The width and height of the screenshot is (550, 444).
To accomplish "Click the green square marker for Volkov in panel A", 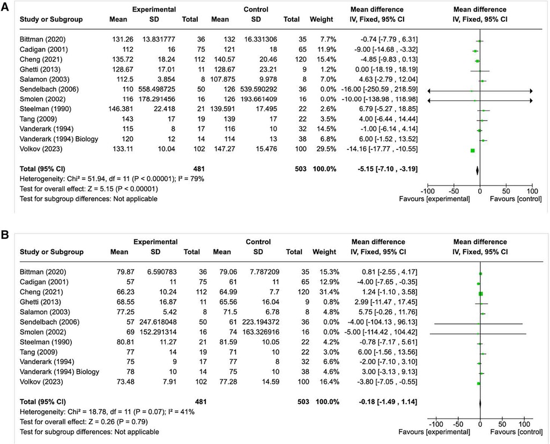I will point(472,150).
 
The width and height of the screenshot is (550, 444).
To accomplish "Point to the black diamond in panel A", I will point(477,170).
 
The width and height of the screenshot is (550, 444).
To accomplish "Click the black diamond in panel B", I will point(480,402).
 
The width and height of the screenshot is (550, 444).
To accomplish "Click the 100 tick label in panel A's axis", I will point(532,190).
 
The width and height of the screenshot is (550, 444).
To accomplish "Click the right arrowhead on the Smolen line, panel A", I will point(530,101).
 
